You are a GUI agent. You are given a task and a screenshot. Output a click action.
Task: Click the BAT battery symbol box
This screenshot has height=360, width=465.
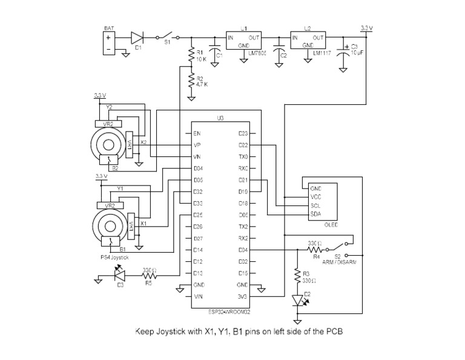(x=109, y=42)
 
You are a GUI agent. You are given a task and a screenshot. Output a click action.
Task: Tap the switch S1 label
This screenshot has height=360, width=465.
(x=168, y=44)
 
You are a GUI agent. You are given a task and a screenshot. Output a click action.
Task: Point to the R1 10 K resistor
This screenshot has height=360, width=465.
(x=191, y=56)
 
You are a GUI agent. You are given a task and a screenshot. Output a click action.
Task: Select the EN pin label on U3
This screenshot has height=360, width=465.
(x=197, y=133)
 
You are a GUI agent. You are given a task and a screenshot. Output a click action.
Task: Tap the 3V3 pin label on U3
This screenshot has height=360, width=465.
(x=242, y=296)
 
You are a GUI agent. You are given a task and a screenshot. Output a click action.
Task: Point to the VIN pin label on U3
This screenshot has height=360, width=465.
(x=197, y=296)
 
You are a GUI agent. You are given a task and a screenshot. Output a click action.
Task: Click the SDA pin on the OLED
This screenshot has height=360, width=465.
(x=315, y=214)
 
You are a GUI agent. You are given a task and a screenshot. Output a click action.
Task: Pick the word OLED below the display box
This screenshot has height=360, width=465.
(x=331, y=225)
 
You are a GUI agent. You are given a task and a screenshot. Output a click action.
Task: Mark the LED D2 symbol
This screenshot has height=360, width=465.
(x=297, y=299)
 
